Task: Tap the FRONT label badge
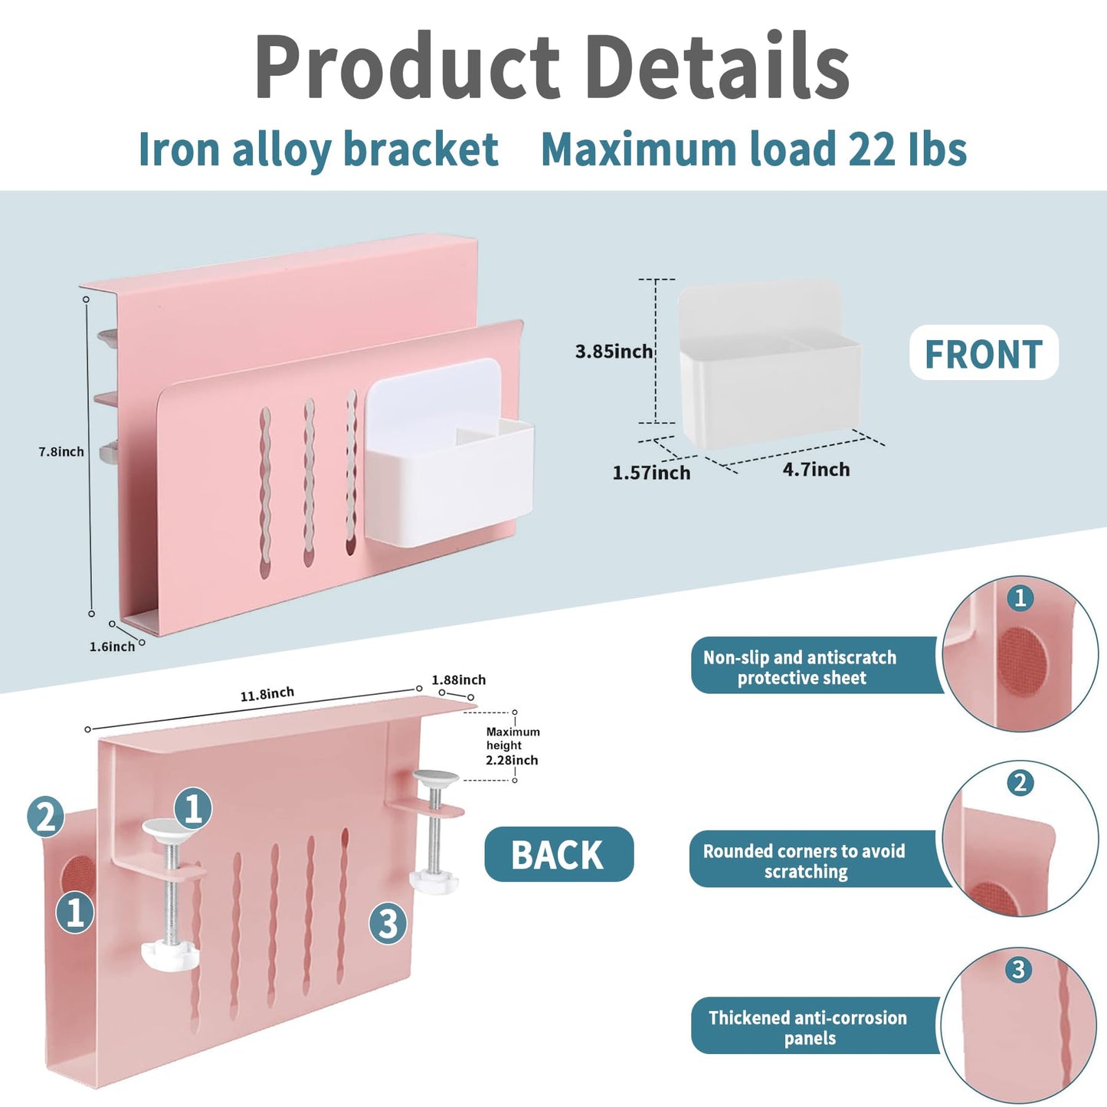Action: click(984, 352)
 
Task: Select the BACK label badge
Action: click(558, 854)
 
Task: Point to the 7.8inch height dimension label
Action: click(61, 452)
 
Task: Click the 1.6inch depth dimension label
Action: click(112, 647)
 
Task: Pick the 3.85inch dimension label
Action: click(614, 351)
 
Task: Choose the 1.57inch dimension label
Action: click(651, 473)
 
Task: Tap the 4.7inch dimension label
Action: click(816, 470)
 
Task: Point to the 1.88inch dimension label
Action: click(458, 680)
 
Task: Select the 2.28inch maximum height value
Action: click(512, 760)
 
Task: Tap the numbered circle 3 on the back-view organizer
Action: click(388, 924)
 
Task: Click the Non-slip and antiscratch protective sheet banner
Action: click(816, 667)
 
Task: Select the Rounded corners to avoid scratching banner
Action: click(819, 861)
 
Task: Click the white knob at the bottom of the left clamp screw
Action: click(170, 955)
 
